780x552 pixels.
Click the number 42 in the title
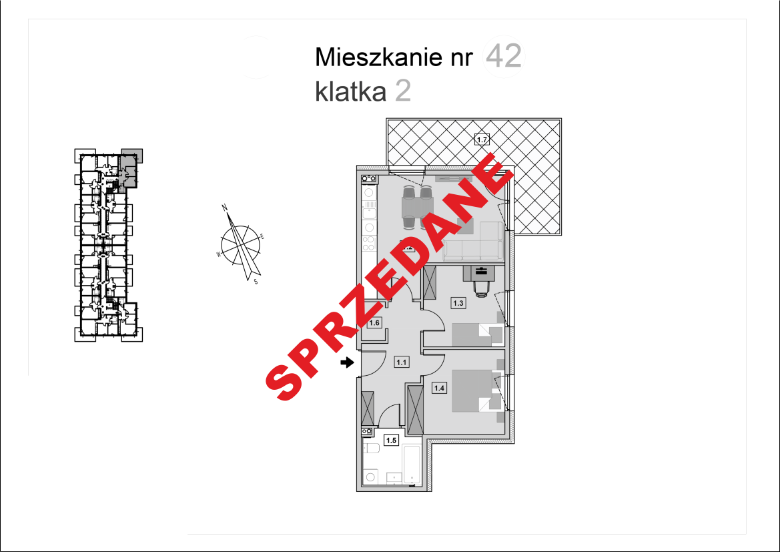(504, 57)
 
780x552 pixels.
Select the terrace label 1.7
(482, 140)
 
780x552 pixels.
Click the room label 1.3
(458, 303)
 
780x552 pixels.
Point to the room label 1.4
(439, 387)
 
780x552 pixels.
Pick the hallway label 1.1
(402, 362)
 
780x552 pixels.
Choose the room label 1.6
(374, 323)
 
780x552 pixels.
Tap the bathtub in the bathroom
(412, 465)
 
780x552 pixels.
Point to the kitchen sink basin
(368, 214)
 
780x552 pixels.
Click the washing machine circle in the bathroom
(370, 477)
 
